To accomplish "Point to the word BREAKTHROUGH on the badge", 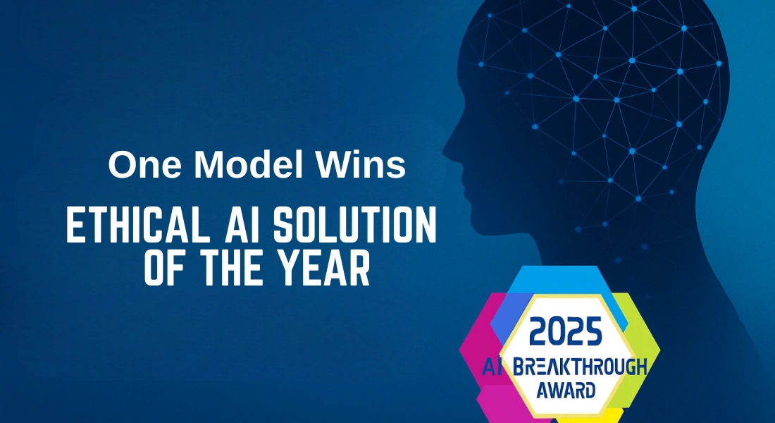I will coord(579,366).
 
